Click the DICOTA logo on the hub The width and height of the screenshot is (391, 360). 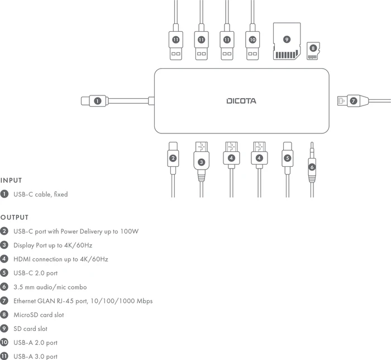click(x=241, y=101)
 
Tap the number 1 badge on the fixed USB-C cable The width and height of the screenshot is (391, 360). click(x=98, y=101)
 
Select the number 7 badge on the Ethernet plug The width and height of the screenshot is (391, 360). click(x=354, y=101)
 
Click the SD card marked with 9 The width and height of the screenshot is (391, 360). click(x=287, y=41)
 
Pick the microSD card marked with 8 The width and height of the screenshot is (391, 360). click(x=313, y=51)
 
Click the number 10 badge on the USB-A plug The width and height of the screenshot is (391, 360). click(x=252, y=40)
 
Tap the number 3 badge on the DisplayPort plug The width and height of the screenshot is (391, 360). click(x=201, y=162)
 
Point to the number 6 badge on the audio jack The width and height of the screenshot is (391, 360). click(x=312, y=167)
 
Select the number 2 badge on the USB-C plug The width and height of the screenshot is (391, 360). click(x=173, y=158)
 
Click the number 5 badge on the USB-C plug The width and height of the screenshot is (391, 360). click(x=287, y=158)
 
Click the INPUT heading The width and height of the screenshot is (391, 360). click(x=11, y=180)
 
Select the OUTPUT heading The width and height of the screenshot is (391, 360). click(x=15, y=218)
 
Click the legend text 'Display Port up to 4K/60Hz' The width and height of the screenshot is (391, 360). click(x=53, y=246)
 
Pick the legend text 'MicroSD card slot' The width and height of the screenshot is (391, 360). click(x=39, y=315)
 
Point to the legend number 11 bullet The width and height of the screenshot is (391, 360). click(x=4, y=356)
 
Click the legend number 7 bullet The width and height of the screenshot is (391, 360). click(x=4, y=301)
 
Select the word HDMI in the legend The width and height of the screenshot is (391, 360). click(x=22, y=260)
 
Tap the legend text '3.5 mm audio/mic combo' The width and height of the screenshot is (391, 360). click(x=50, y=287)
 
